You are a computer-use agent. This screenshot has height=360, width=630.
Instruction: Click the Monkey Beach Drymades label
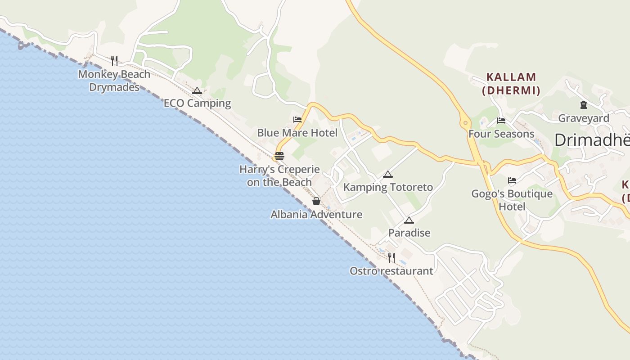114,81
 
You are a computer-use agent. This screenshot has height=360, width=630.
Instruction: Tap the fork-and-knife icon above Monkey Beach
114,60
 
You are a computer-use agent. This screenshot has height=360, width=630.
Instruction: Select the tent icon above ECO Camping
197,91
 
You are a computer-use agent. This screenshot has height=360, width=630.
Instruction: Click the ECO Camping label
197,103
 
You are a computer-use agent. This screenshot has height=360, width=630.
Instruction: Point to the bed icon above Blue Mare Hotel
297,120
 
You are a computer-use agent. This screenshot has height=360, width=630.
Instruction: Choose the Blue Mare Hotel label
297,133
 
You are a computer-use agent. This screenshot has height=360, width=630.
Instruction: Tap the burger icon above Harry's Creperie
279,157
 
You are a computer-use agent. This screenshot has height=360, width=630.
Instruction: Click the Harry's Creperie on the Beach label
279,176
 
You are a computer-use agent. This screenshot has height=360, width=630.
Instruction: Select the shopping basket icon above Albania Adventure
316,201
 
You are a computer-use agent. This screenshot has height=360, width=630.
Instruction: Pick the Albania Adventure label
316,215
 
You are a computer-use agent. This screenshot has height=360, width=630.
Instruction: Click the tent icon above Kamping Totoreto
387,175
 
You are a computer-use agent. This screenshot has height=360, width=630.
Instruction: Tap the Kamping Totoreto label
388,187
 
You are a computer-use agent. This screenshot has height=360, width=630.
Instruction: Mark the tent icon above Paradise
409,220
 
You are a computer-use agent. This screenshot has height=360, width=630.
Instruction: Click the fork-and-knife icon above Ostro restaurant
391,257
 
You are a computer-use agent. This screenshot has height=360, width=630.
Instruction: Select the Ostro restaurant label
391,271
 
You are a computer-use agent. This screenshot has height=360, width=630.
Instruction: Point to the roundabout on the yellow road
465,122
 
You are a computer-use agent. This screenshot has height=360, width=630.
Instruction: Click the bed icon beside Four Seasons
501,121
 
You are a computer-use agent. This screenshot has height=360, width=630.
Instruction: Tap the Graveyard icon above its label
584,105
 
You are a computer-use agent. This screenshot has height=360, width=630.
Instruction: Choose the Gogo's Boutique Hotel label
512,200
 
